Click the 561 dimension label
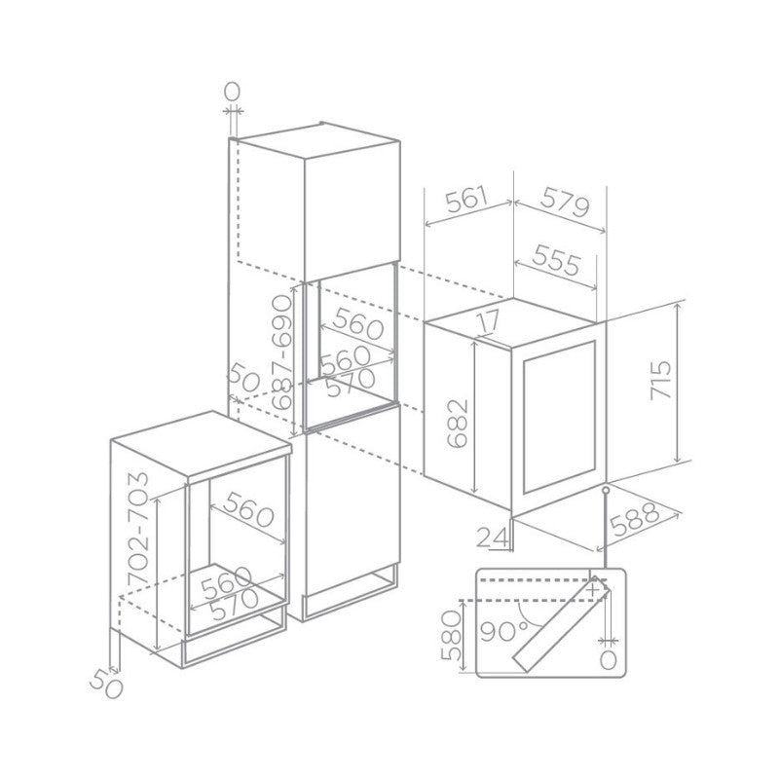coord(467,199)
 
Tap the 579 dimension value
coord(565,202)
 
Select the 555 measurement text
coord(556,259)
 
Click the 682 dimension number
coord(458,424)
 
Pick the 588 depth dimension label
coord(635,520)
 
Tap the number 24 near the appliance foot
coord(494,538)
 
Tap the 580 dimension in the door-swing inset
coord(452,636)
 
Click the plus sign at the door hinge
coord(593,590)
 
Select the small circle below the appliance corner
coord(606,491)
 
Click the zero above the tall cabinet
coord(233,92)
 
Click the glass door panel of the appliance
coord(559,417)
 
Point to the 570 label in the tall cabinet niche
coord(351,382)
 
